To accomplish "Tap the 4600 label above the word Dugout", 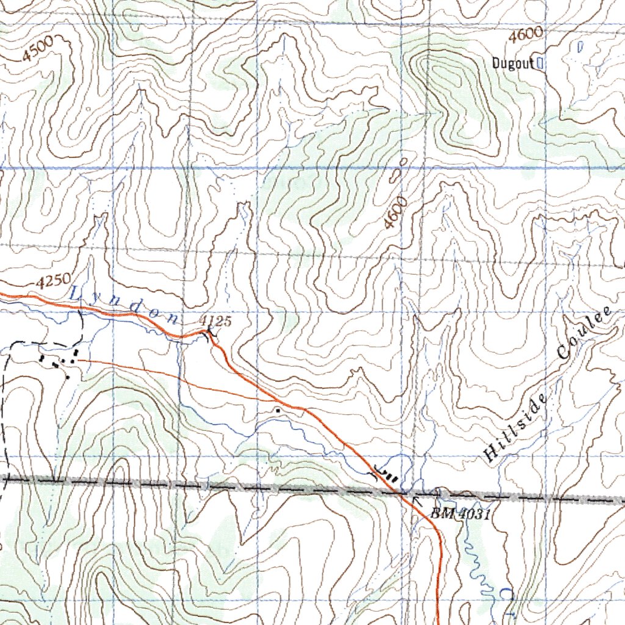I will click(x=526, y=36).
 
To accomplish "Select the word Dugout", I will click(x=513, y=63).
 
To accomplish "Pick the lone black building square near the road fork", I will click(x=278, y=411).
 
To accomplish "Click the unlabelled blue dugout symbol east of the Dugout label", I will click(x=580, y=45).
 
